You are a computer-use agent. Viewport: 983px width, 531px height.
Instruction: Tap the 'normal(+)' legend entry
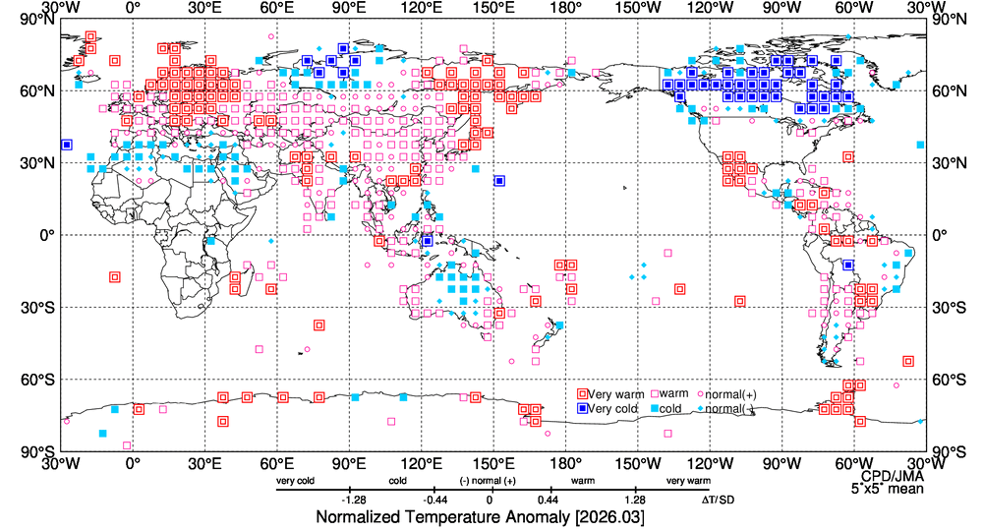coord(726,394)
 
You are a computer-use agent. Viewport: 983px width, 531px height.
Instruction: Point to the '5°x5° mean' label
coord(881,488)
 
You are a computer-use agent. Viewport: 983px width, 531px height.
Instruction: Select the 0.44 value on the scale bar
coord(549,500)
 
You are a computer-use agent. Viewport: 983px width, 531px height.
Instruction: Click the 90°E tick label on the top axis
coord(349,9)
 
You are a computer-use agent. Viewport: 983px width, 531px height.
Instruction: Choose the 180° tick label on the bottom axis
coord(565,462)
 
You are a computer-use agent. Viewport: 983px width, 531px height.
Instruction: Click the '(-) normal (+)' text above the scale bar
coord(489,481)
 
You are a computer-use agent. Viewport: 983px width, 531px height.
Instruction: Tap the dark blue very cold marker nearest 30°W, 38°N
coord(67,145)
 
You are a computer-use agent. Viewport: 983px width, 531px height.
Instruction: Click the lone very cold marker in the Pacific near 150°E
coord(500,181)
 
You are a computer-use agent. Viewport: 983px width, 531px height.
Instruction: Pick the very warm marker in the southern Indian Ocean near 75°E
coord(318,325)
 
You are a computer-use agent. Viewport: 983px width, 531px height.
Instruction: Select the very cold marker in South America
coord(847,265)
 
